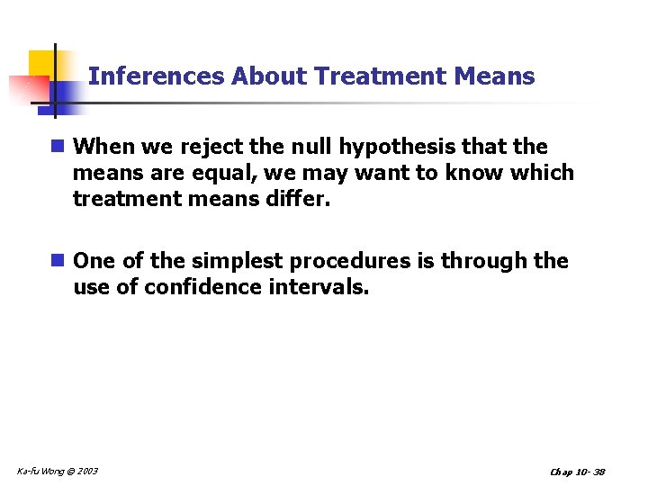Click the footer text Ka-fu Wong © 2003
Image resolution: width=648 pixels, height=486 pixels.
(58, 471)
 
